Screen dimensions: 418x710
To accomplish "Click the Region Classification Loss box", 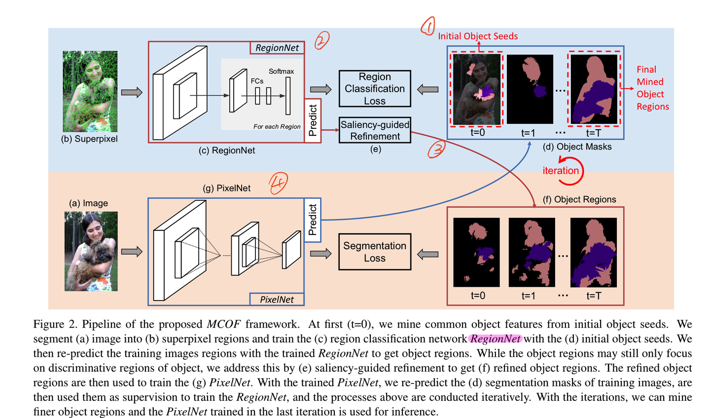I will (375, 89).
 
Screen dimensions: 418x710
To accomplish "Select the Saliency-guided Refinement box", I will (375, 130).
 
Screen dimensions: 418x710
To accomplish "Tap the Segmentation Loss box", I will (375, 252).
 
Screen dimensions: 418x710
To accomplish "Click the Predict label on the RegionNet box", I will (313, 120).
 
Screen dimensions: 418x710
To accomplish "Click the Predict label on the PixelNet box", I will (313, 220).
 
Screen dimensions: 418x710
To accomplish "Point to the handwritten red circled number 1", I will (427, 26).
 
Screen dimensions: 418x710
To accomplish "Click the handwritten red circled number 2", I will (321, 40).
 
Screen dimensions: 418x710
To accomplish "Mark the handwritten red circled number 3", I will (436, 150).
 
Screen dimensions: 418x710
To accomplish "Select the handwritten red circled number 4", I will (278, 184).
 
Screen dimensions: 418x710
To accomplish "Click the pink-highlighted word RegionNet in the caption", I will (495, 339).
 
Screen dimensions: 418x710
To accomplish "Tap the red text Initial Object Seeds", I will (478, 36).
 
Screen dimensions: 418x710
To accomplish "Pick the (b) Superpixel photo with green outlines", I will (90, 91).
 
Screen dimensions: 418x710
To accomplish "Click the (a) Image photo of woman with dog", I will (91, 251).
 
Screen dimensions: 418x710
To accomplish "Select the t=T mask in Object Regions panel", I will (593, 252).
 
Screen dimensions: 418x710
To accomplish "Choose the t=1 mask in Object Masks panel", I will (530, 89).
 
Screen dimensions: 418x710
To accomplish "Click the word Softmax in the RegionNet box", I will (281, 71).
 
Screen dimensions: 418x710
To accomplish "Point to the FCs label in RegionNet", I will (257, 81).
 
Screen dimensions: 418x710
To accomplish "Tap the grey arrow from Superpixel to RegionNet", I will (132, 92).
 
